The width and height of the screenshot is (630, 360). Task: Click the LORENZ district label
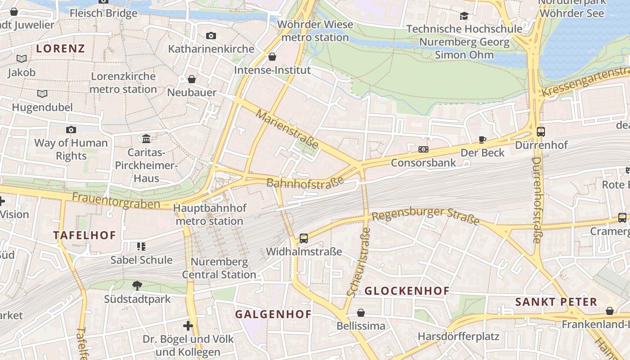60,49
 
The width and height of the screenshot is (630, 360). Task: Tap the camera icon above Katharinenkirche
211,36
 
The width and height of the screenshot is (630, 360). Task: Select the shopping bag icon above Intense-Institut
272,57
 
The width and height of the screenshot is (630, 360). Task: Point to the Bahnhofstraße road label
305,182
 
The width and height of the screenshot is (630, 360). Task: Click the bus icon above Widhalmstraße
304,238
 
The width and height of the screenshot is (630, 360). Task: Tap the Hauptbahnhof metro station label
210,215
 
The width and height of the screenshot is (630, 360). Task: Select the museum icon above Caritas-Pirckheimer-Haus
146,139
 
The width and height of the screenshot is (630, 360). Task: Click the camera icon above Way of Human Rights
71,130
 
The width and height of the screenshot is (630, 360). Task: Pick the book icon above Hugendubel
42,94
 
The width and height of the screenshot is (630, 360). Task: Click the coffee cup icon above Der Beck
482,139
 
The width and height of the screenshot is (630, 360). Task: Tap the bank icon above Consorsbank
423,149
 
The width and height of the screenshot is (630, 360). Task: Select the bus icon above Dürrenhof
540,132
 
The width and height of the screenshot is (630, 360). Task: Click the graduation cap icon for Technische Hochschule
464,16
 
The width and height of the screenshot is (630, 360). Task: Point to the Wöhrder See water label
571,13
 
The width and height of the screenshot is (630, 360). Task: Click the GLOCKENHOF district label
407,291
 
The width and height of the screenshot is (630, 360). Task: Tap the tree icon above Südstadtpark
137,285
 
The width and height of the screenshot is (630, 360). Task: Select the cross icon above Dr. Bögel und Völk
188,325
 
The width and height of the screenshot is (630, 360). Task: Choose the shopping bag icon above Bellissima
361,313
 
